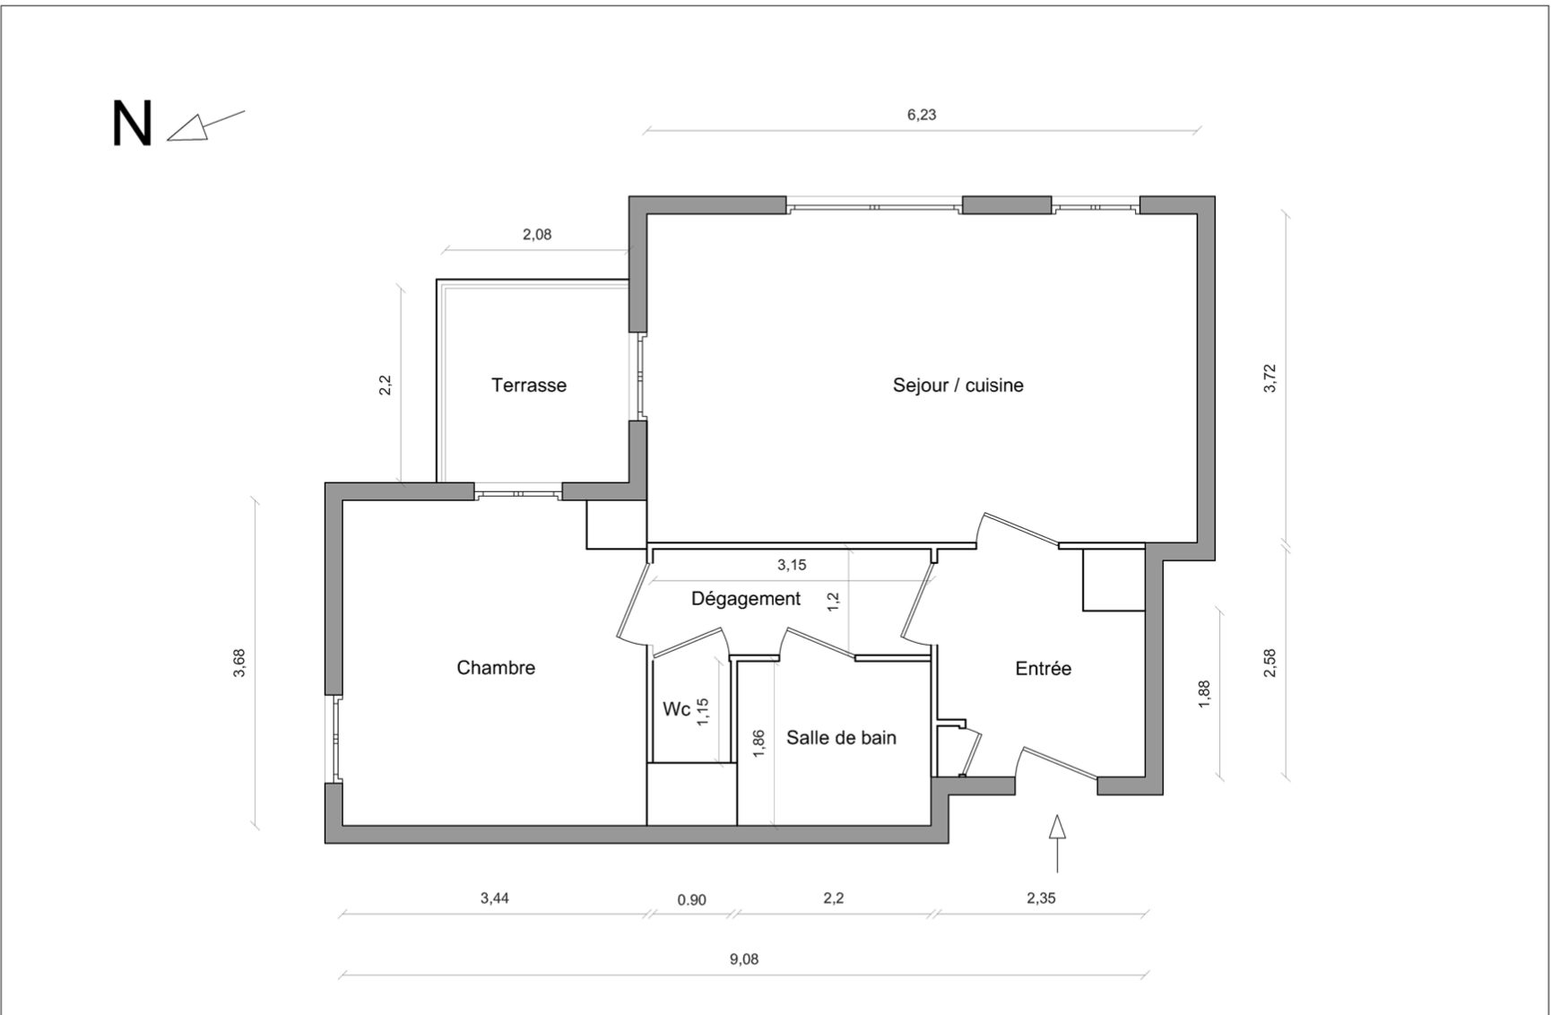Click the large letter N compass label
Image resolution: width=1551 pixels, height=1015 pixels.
pos(132,124)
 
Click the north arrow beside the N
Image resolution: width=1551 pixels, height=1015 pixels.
pos(205,126)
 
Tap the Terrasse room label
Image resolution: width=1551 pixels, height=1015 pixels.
pos(529,385)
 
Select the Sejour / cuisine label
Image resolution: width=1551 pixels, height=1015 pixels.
pos(957,386)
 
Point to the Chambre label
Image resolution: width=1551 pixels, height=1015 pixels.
pos(496,667)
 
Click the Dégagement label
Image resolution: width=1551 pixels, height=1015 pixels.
pos(746,598)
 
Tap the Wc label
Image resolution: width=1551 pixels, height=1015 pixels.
pos(676,709)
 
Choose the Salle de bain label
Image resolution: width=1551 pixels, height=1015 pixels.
pos(841,737)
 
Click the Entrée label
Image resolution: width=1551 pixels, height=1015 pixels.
pos(1043,668)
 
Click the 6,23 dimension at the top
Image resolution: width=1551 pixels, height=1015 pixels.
pos(922,115)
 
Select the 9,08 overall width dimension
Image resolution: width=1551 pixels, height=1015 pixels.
pos(744,959)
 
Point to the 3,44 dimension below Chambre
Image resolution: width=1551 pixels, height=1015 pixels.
pos(494,898)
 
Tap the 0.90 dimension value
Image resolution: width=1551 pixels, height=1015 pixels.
pos(691,900)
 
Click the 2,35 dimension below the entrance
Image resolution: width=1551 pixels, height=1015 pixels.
pos(1041,898)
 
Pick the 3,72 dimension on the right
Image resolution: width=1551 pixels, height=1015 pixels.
pos(1269,377)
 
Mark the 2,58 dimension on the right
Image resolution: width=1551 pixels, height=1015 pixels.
pos(1269,663)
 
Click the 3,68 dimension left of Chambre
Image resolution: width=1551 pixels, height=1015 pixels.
pos(238,663)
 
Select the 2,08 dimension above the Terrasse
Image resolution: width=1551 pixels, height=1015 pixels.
pos(537,235)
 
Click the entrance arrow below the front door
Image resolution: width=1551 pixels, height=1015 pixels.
pos(1058,843)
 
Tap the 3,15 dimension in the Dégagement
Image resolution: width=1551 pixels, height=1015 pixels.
pos(792,565)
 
